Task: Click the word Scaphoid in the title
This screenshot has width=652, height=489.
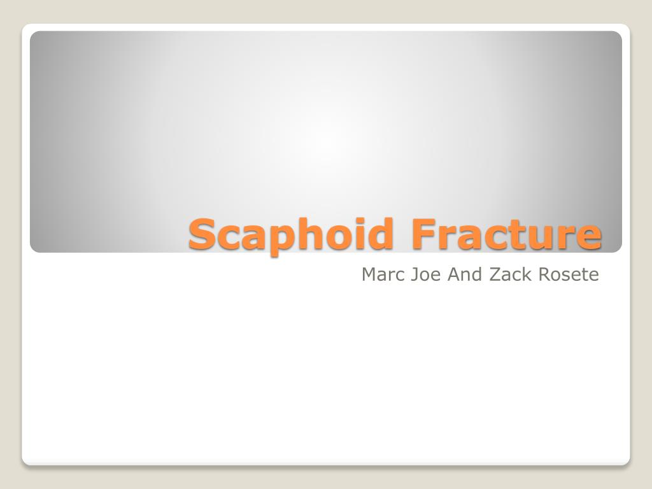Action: (290, 236)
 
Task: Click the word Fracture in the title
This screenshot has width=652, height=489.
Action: (506, 233)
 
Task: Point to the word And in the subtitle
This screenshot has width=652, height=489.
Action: (464, 274)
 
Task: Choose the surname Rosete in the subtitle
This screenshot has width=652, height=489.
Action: (569, 274)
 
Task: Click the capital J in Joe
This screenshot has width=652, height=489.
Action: (414, 274)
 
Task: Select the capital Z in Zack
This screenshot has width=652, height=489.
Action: (495, 274)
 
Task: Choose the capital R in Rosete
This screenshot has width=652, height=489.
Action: (545, 274)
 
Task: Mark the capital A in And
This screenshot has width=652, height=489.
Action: (454, 274)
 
